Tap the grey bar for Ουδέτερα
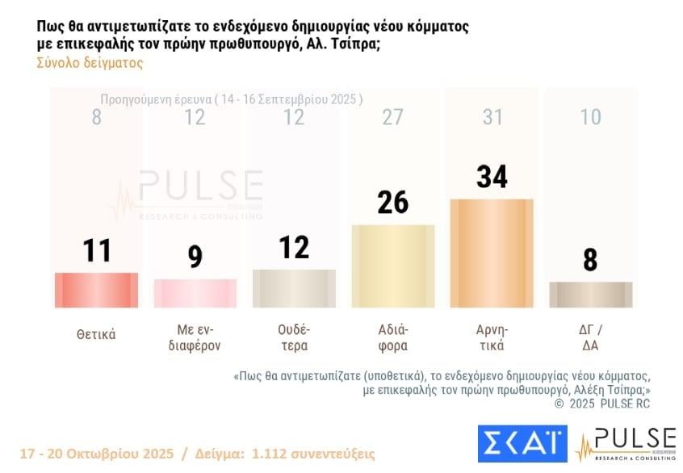pos(294,288)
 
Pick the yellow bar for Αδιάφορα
pos(393,266)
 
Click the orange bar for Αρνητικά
pos(492,253)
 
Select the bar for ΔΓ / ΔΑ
pos(591,295)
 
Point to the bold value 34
pos(492,176)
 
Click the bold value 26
pos(393,202)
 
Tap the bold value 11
pos(96,250)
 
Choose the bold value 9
pos(195,257)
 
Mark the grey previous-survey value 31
pos(492,117)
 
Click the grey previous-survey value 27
pos(393,117)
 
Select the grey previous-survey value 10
pos(591,117)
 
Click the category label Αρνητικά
pos(492,338)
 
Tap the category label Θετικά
pos(96,334)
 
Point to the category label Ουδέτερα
pos(294,338)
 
